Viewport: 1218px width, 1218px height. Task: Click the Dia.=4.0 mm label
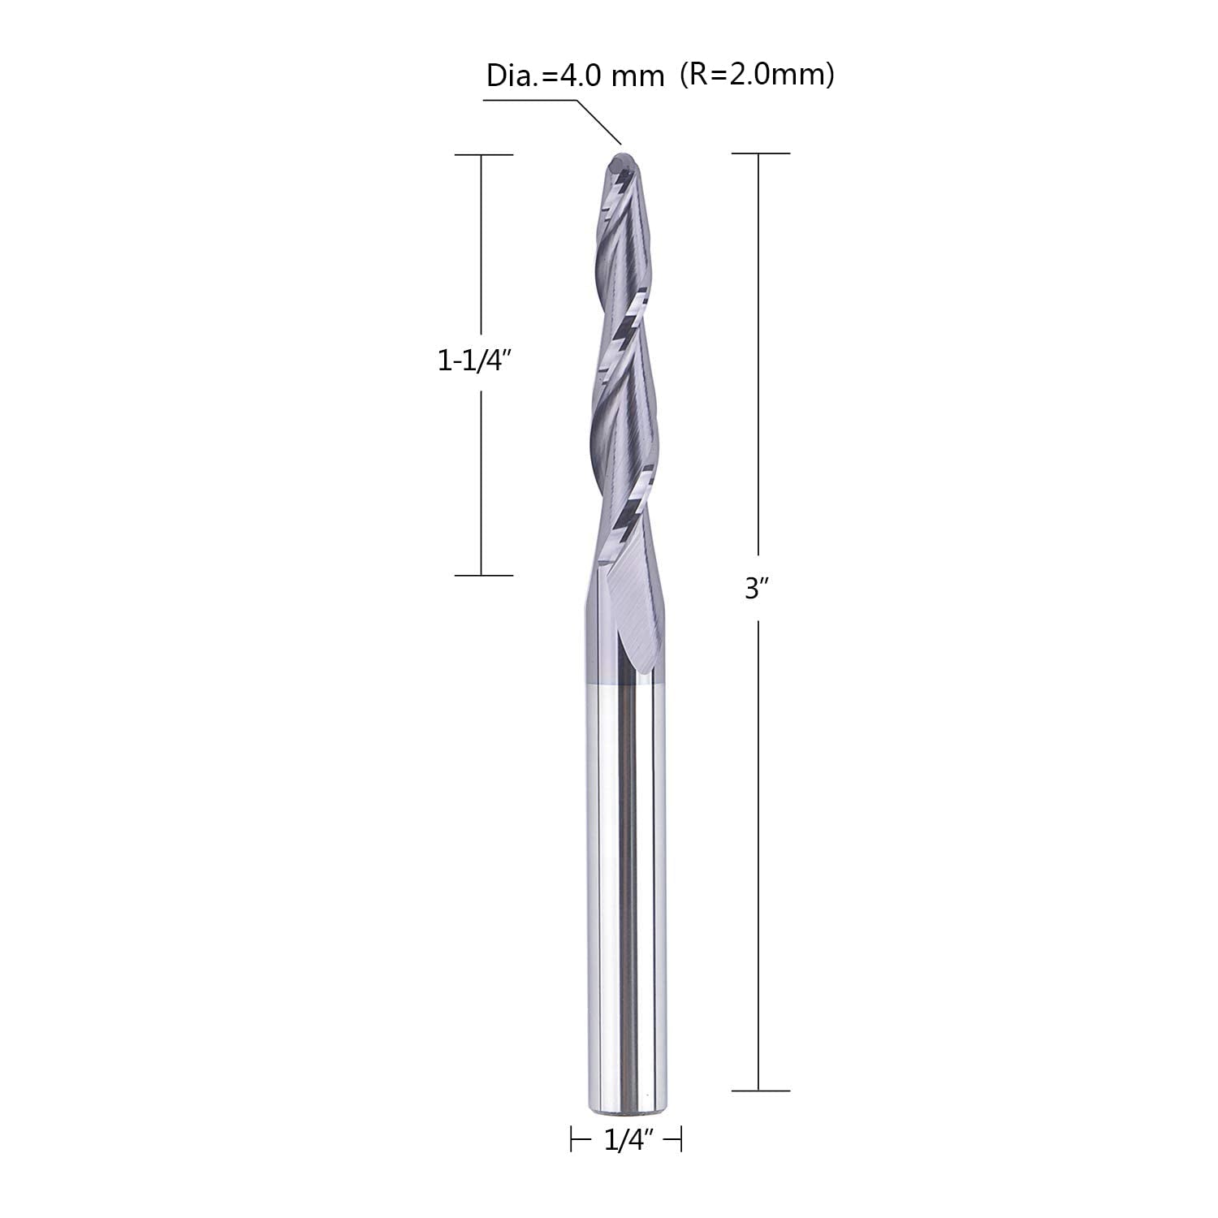575,77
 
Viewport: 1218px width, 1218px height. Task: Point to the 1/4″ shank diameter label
627,1141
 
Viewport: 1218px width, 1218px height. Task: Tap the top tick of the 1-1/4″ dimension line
483,154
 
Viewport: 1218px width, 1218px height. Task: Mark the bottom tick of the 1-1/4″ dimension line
483,576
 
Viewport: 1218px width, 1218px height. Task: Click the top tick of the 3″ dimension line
760,153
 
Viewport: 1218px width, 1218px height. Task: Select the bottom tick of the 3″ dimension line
760,1091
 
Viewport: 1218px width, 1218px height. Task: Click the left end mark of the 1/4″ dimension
572,1140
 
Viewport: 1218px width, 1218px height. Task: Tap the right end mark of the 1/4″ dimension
680,1140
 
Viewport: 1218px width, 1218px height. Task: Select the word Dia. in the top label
509,77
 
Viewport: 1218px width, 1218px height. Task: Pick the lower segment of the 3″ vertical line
758,853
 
